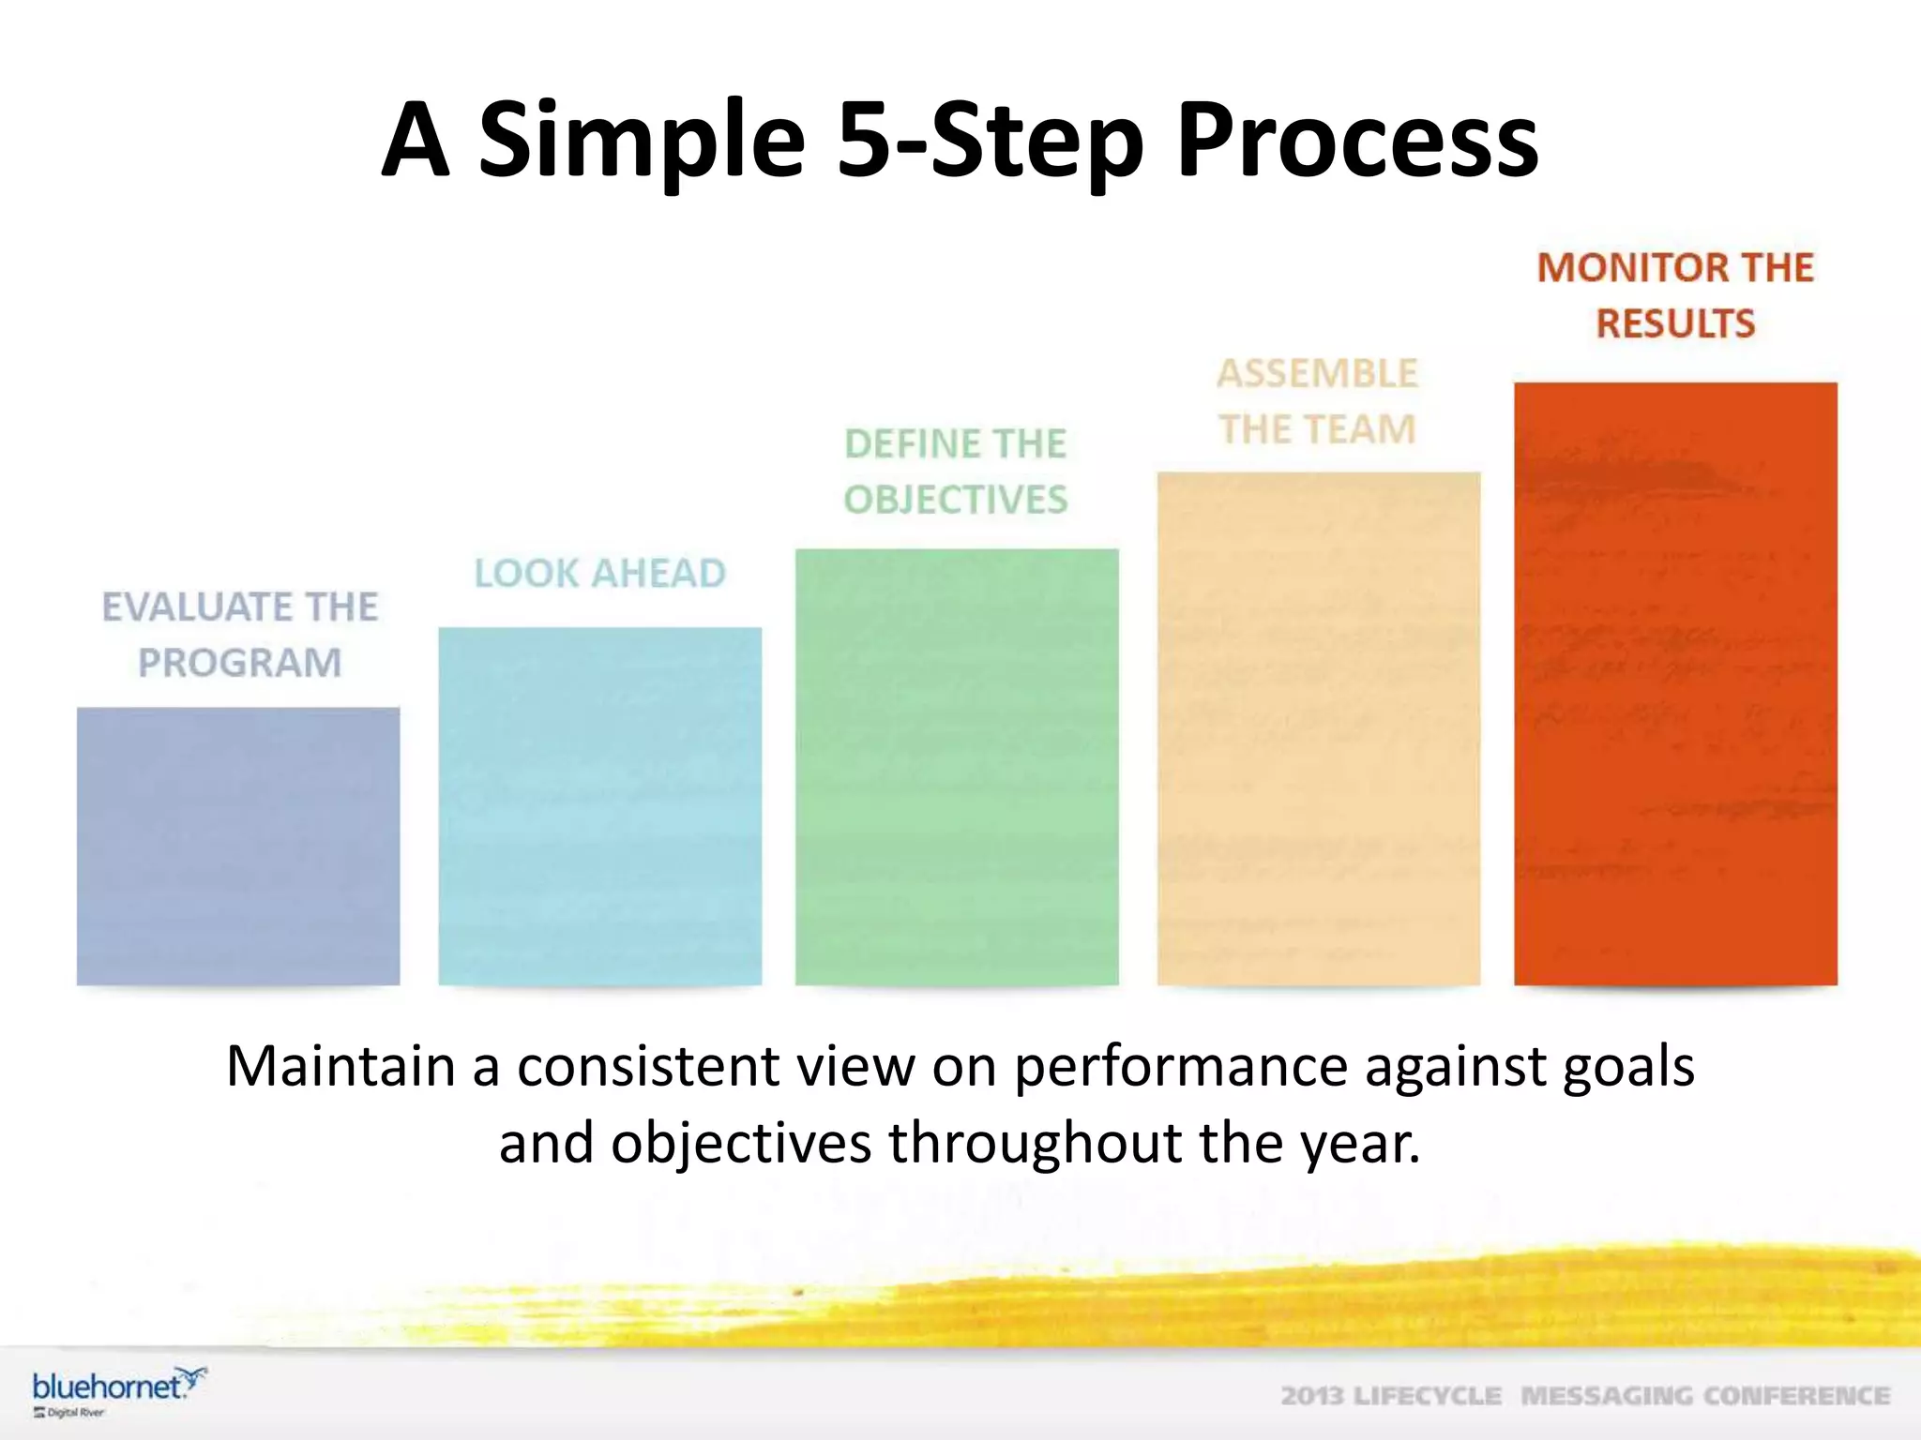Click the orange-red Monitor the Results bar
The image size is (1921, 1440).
click(x=1675, y=684)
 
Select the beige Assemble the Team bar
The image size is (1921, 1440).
click(x=1318, y=728)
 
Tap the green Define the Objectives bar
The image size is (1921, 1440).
click(x=957, y=767)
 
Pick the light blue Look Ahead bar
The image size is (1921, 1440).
click(x=599, y=806)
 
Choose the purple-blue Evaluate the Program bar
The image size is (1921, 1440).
click(x=238, y=846)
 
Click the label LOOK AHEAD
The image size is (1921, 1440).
click(x=599, y=573)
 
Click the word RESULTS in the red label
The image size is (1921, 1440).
click(x=1675, y=323)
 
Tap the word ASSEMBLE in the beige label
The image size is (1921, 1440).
click(x=1318, y=373)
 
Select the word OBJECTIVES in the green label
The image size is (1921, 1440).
click(x=956, y=499)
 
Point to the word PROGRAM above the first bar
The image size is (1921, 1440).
click(x=240, y=663)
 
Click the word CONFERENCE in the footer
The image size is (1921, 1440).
click(x=1796, y=1396)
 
